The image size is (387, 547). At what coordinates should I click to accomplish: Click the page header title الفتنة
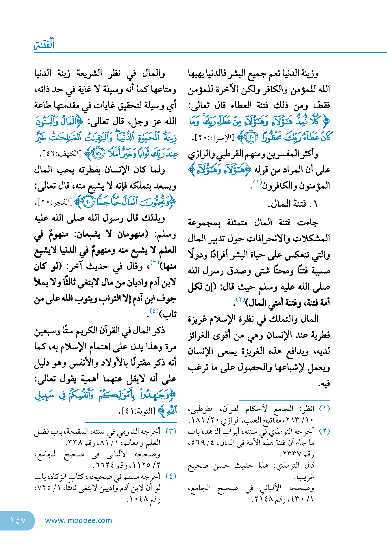(44, 44)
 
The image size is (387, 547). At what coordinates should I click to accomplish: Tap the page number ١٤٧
(18, 520)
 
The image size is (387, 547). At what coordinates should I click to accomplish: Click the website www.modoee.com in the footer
(78, 520)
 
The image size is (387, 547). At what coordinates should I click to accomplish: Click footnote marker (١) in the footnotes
(324, 409)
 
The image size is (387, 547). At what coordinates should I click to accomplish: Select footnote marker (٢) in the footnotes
(324, 431)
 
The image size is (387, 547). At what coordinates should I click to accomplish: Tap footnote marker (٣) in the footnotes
(171, 431)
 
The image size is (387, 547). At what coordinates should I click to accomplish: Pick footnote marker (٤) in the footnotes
(171, 476)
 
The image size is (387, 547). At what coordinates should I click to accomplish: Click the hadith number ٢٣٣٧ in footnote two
(292, 454)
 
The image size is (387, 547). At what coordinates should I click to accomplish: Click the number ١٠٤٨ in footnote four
(138, 499)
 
